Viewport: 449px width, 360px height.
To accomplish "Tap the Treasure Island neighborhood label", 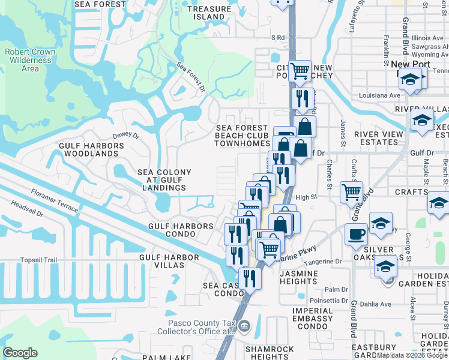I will (208, 13).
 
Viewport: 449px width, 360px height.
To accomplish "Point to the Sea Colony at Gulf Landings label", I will (164, 180).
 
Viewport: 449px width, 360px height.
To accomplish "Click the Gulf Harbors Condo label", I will (181, 230).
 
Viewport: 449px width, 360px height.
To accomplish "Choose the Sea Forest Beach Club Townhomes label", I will (243, 136).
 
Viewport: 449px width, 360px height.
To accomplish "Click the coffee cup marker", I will (356, 233).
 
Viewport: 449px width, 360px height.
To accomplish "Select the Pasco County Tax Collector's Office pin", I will (244, 326).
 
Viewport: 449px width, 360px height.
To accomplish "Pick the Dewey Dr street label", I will (125, 137).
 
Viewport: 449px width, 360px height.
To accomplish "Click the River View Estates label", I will (376, 138).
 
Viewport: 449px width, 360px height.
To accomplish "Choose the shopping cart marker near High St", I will (351, 192).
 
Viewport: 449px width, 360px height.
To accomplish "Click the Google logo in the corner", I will (20, 353).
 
